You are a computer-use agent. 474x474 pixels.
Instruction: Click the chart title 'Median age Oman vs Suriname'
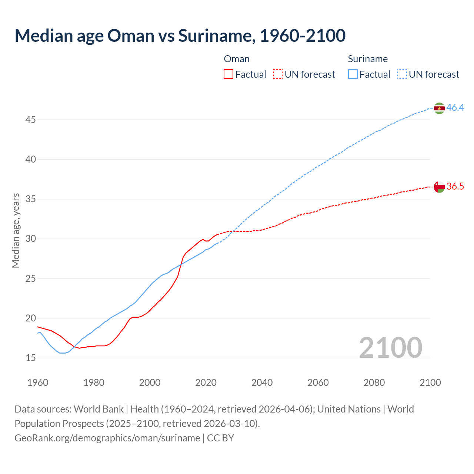180,36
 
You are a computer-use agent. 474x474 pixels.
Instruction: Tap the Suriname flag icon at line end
439,108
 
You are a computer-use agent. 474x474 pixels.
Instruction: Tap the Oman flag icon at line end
439,187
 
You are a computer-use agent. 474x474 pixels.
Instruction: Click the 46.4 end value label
455,108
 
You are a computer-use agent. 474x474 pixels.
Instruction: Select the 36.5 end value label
455,186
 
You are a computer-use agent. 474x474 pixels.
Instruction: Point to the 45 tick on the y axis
31,120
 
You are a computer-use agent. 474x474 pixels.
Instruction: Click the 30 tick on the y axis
31,239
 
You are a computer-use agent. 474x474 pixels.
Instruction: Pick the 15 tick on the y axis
31,358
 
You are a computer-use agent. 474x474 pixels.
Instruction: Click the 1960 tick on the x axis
38,383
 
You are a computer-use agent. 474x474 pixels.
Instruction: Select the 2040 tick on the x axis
262,383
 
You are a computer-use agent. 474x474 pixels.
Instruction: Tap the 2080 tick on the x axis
374,383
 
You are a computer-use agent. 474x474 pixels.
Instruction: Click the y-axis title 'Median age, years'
16,230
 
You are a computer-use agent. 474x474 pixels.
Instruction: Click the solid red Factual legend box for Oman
228,74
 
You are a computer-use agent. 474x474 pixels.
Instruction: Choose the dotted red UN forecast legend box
278,74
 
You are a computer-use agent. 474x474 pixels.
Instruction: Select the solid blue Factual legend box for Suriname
353,74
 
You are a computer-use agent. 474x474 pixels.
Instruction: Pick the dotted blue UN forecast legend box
402,74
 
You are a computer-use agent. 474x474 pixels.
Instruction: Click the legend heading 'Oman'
237,59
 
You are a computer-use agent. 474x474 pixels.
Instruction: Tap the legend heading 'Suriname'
368,59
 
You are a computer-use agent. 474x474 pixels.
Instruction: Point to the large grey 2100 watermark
391,348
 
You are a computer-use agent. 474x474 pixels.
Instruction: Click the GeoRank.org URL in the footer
107,438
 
